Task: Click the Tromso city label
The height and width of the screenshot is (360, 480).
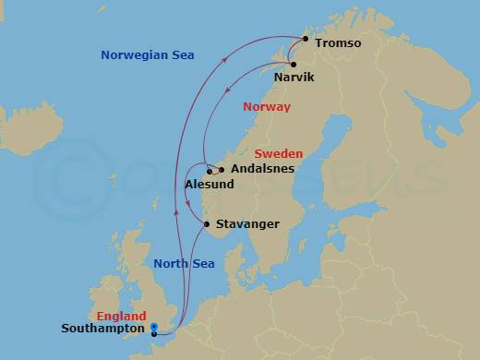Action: coord(338,43)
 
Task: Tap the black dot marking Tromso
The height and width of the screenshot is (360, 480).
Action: coord(306,40)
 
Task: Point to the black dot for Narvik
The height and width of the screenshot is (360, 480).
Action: coord(293,64)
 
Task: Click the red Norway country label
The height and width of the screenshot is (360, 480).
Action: coord(266,107)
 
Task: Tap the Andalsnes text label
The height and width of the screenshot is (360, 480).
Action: coord(263,170)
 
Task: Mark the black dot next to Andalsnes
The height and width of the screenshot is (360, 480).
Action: coord(222,170)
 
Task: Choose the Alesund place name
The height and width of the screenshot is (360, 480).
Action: coord(210,185)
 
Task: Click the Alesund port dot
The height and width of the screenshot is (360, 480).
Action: coord(210,172)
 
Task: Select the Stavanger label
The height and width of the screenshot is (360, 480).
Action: coord(247,223)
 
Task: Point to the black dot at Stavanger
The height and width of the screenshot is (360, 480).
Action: coord(207,223)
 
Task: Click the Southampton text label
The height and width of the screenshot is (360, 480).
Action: coord(102,328)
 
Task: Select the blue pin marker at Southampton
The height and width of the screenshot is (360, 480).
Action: coord(154,329)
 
